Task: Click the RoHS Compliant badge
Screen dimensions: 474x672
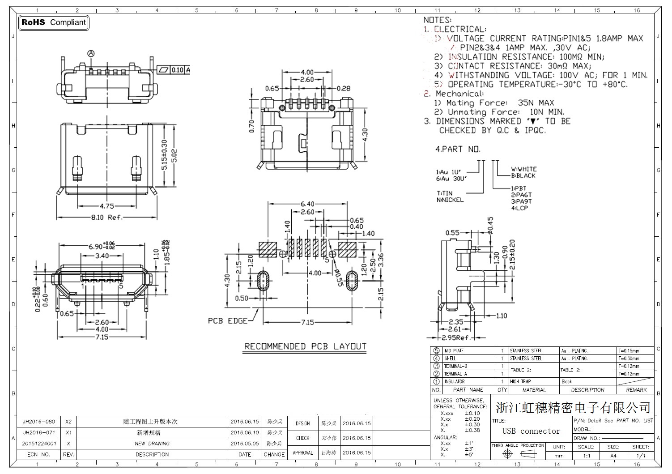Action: click(54, 22)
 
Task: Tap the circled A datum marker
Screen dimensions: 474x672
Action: click(91, 54)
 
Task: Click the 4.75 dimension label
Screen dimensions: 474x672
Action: click(106, 206)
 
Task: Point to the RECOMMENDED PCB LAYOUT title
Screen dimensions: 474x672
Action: click(305, 346)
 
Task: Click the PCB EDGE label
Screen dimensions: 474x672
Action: click(227, 321)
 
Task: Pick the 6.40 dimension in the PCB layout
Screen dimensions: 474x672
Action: click(307, 204)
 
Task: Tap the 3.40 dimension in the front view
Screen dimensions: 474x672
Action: click(102, 256)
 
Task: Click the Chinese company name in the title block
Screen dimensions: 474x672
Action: click(573, 407)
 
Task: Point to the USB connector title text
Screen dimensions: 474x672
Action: click(531, 431)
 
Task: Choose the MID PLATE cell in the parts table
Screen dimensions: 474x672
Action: click(454, 351)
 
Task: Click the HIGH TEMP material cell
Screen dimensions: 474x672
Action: click(520, 382)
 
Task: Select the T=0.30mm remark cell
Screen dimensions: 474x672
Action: click(629, 359)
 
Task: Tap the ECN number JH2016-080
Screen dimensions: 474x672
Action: click(39, 422)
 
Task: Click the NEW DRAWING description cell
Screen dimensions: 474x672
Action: click(152, 444)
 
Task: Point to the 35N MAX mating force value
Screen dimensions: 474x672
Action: click(536, 103)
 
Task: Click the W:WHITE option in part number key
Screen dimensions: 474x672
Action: click(523, 169)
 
